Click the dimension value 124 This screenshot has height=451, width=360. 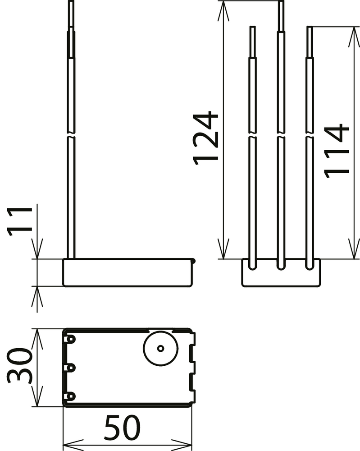point(206,138)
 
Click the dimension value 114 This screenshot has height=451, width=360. point(337,151)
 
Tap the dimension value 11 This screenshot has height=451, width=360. point(20,221)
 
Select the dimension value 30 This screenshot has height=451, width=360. point(19,366)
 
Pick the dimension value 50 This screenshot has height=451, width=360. point(123,428)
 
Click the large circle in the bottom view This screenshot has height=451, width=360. point(160,349)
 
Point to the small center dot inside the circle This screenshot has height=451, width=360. point(160,349)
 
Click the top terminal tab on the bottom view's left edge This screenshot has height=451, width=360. point(70,339)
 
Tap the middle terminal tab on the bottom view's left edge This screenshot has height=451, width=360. point(70,368)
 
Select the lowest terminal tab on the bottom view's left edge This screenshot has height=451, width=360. point(70,396)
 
